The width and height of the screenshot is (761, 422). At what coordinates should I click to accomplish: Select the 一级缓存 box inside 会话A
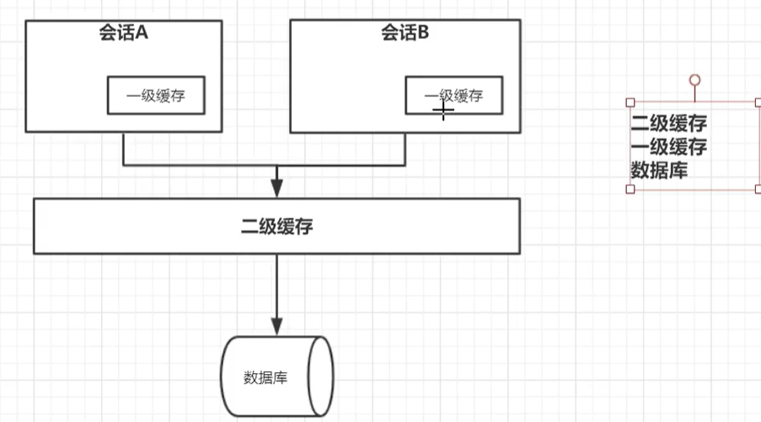pyautogui.click(x=157, y=95)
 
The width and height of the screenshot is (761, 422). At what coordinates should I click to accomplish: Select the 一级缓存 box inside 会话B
pyautogui.click(x=455, y=94)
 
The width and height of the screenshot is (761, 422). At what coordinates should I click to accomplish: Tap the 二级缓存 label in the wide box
pyautogui.click(x=276, y=226)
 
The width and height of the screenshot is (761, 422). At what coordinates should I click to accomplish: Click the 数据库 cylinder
pyautogui.click(x=276, y=376)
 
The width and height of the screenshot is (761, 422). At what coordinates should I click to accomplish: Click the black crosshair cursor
pyautogui.click(x=443, y=110)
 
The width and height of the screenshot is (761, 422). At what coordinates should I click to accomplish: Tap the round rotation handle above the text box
pyautogui.click(x=694, y=80)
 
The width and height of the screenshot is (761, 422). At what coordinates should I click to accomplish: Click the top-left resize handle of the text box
pyautogui.click(x=630, y=103)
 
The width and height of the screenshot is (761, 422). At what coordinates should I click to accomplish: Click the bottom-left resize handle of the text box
pyautogui.click(x=630, y=189)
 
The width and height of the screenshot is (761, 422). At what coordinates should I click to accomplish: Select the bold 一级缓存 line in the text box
pyautogui.click(x=668, y=147)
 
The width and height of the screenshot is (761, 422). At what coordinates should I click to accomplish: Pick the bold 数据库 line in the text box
pyautogui.click(x=659, y=170)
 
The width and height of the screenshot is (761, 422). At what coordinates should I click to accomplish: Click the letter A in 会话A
pyautogui.click(x=142, y=34)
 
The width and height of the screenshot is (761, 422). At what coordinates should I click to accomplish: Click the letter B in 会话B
pyautogui.click(x=425, y=34)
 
